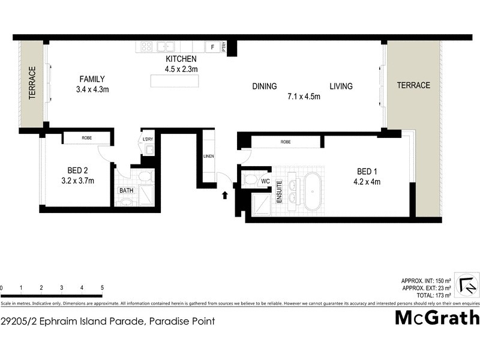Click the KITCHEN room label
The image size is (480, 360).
[181, 59]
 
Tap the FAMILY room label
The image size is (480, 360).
[92, 79]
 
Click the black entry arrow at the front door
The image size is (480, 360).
[226, 194]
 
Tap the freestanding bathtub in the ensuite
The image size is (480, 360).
[313, 191]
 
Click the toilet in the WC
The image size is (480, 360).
[250, 179]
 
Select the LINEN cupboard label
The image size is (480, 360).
[208, 157]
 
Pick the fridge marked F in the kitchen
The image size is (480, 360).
[212, 47]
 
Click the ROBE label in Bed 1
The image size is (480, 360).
[286, 142]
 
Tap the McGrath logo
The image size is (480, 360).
[436, 317]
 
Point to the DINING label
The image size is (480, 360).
[264, 86]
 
